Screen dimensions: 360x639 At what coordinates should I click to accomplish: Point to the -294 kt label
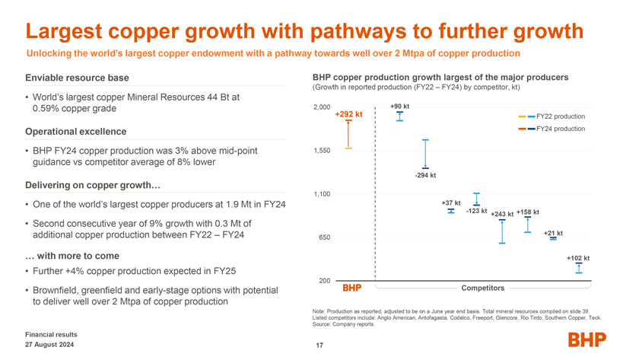(425, 177)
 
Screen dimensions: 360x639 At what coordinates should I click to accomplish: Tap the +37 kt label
(451, 202)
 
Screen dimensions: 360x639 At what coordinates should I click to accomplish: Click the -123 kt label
(476, 210)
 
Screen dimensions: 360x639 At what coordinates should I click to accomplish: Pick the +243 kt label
(502, 214)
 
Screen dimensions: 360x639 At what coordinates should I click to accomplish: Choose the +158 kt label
(527, 212)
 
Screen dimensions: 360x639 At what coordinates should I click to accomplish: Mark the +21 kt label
(553, 233)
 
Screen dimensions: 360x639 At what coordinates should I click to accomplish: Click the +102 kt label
(578, 258)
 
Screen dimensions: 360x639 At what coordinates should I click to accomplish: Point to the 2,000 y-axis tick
(322, 107)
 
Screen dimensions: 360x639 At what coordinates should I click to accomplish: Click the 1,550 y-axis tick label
(322, 151)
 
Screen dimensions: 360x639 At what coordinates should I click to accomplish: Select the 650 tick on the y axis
(324, 237)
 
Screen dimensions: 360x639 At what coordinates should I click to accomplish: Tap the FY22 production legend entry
(560, 116)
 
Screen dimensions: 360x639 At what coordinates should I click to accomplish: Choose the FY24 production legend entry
(560, 129)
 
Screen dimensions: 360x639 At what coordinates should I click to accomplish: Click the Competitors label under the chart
(483, 288)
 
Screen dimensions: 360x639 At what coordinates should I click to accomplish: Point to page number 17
(319, 346)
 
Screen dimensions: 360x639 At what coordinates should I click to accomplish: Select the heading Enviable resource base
(77, 78)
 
